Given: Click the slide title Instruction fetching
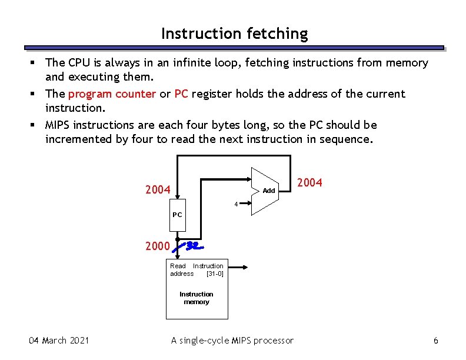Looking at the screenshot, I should tap(234, 34).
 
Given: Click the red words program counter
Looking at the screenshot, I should tap(112, 94).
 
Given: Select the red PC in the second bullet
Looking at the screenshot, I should tap(181, 94).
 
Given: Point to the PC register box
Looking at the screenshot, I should tap(177, 215).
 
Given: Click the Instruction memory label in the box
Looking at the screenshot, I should tap(196, 298).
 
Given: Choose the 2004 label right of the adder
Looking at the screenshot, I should tap(309, 183).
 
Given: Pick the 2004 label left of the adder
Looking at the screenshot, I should tap(158, 190).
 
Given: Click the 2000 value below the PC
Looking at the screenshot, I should tap(158, 246).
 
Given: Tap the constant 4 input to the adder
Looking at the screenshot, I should tap(236, 204).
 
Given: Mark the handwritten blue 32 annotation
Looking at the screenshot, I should tap(191, 245).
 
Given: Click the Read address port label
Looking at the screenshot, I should tap(181, 270).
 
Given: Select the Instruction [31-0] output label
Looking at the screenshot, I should tap(209, 270).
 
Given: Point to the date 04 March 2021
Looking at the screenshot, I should tap(59, 340).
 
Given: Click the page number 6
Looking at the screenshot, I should tap(435, 341).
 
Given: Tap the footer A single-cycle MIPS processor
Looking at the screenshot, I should tap(232, 340).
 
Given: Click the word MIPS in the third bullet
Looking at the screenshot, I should tap(58, 125).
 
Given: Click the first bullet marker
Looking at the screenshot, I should tap(35, 63).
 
